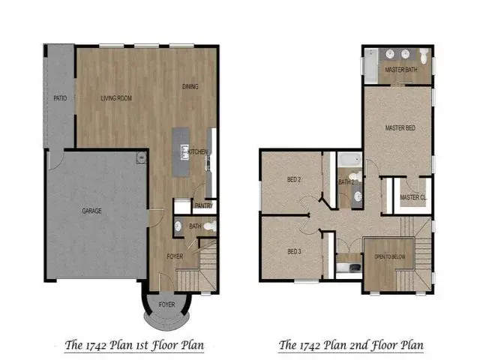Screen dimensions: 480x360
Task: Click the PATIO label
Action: click(x=60, y=98)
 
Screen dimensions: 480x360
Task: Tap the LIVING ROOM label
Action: click(x=116, y=98)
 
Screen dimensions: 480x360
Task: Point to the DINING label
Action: click(x=190, y=87)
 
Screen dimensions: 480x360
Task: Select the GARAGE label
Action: click(x=91, y=211)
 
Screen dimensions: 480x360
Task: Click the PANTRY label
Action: click(x=204, y=205)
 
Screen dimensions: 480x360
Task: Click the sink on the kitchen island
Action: click(x=184, y=152)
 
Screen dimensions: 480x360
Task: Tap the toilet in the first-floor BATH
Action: click(x=210, y=226)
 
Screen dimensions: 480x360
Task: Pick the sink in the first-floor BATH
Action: click(x=178, y=226)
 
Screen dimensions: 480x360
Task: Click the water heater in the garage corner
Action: click(x=141, y=157)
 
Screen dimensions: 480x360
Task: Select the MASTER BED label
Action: click(x=400, y=128)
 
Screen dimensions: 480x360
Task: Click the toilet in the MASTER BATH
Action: click(x=424, y=55)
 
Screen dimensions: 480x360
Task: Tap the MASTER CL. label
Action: click(x=413, y=197)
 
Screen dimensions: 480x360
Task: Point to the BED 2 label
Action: click(x=294, y=180)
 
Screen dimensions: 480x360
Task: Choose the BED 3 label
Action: click(x=294, y=252)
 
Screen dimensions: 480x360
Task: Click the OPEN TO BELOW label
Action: click(x=390, y=256)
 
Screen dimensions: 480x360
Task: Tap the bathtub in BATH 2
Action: click(x=350, y=160)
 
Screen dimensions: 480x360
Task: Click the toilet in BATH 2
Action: click(x=355, y=177)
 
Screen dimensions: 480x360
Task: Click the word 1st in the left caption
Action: click(x=141, y=345)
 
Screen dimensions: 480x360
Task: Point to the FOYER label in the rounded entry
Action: click(x=166, y=304)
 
